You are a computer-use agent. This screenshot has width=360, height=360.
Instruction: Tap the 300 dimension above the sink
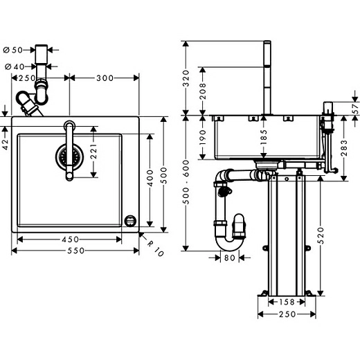coord(105,78)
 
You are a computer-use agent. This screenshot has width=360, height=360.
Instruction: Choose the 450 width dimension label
coord(69,240)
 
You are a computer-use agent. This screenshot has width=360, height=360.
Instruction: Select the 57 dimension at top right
coord(355,108)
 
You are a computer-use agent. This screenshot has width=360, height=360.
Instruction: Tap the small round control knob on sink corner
coord(129,219)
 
